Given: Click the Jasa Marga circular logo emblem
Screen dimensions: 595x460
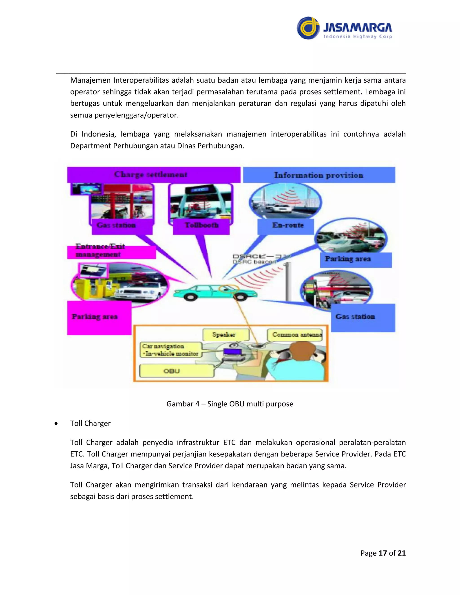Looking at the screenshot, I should coord(308,28).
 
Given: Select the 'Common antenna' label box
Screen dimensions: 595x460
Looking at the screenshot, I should coord(295,335).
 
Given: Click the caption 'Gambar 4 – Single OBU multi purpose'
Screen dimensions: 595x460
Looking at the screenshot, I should coord(230,404).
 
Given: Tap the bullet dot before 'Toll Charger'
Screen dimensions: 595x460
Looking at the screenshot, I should coord(56,424).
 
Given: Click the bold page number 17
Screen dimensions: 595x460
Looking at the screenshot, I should coord(383,553).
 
